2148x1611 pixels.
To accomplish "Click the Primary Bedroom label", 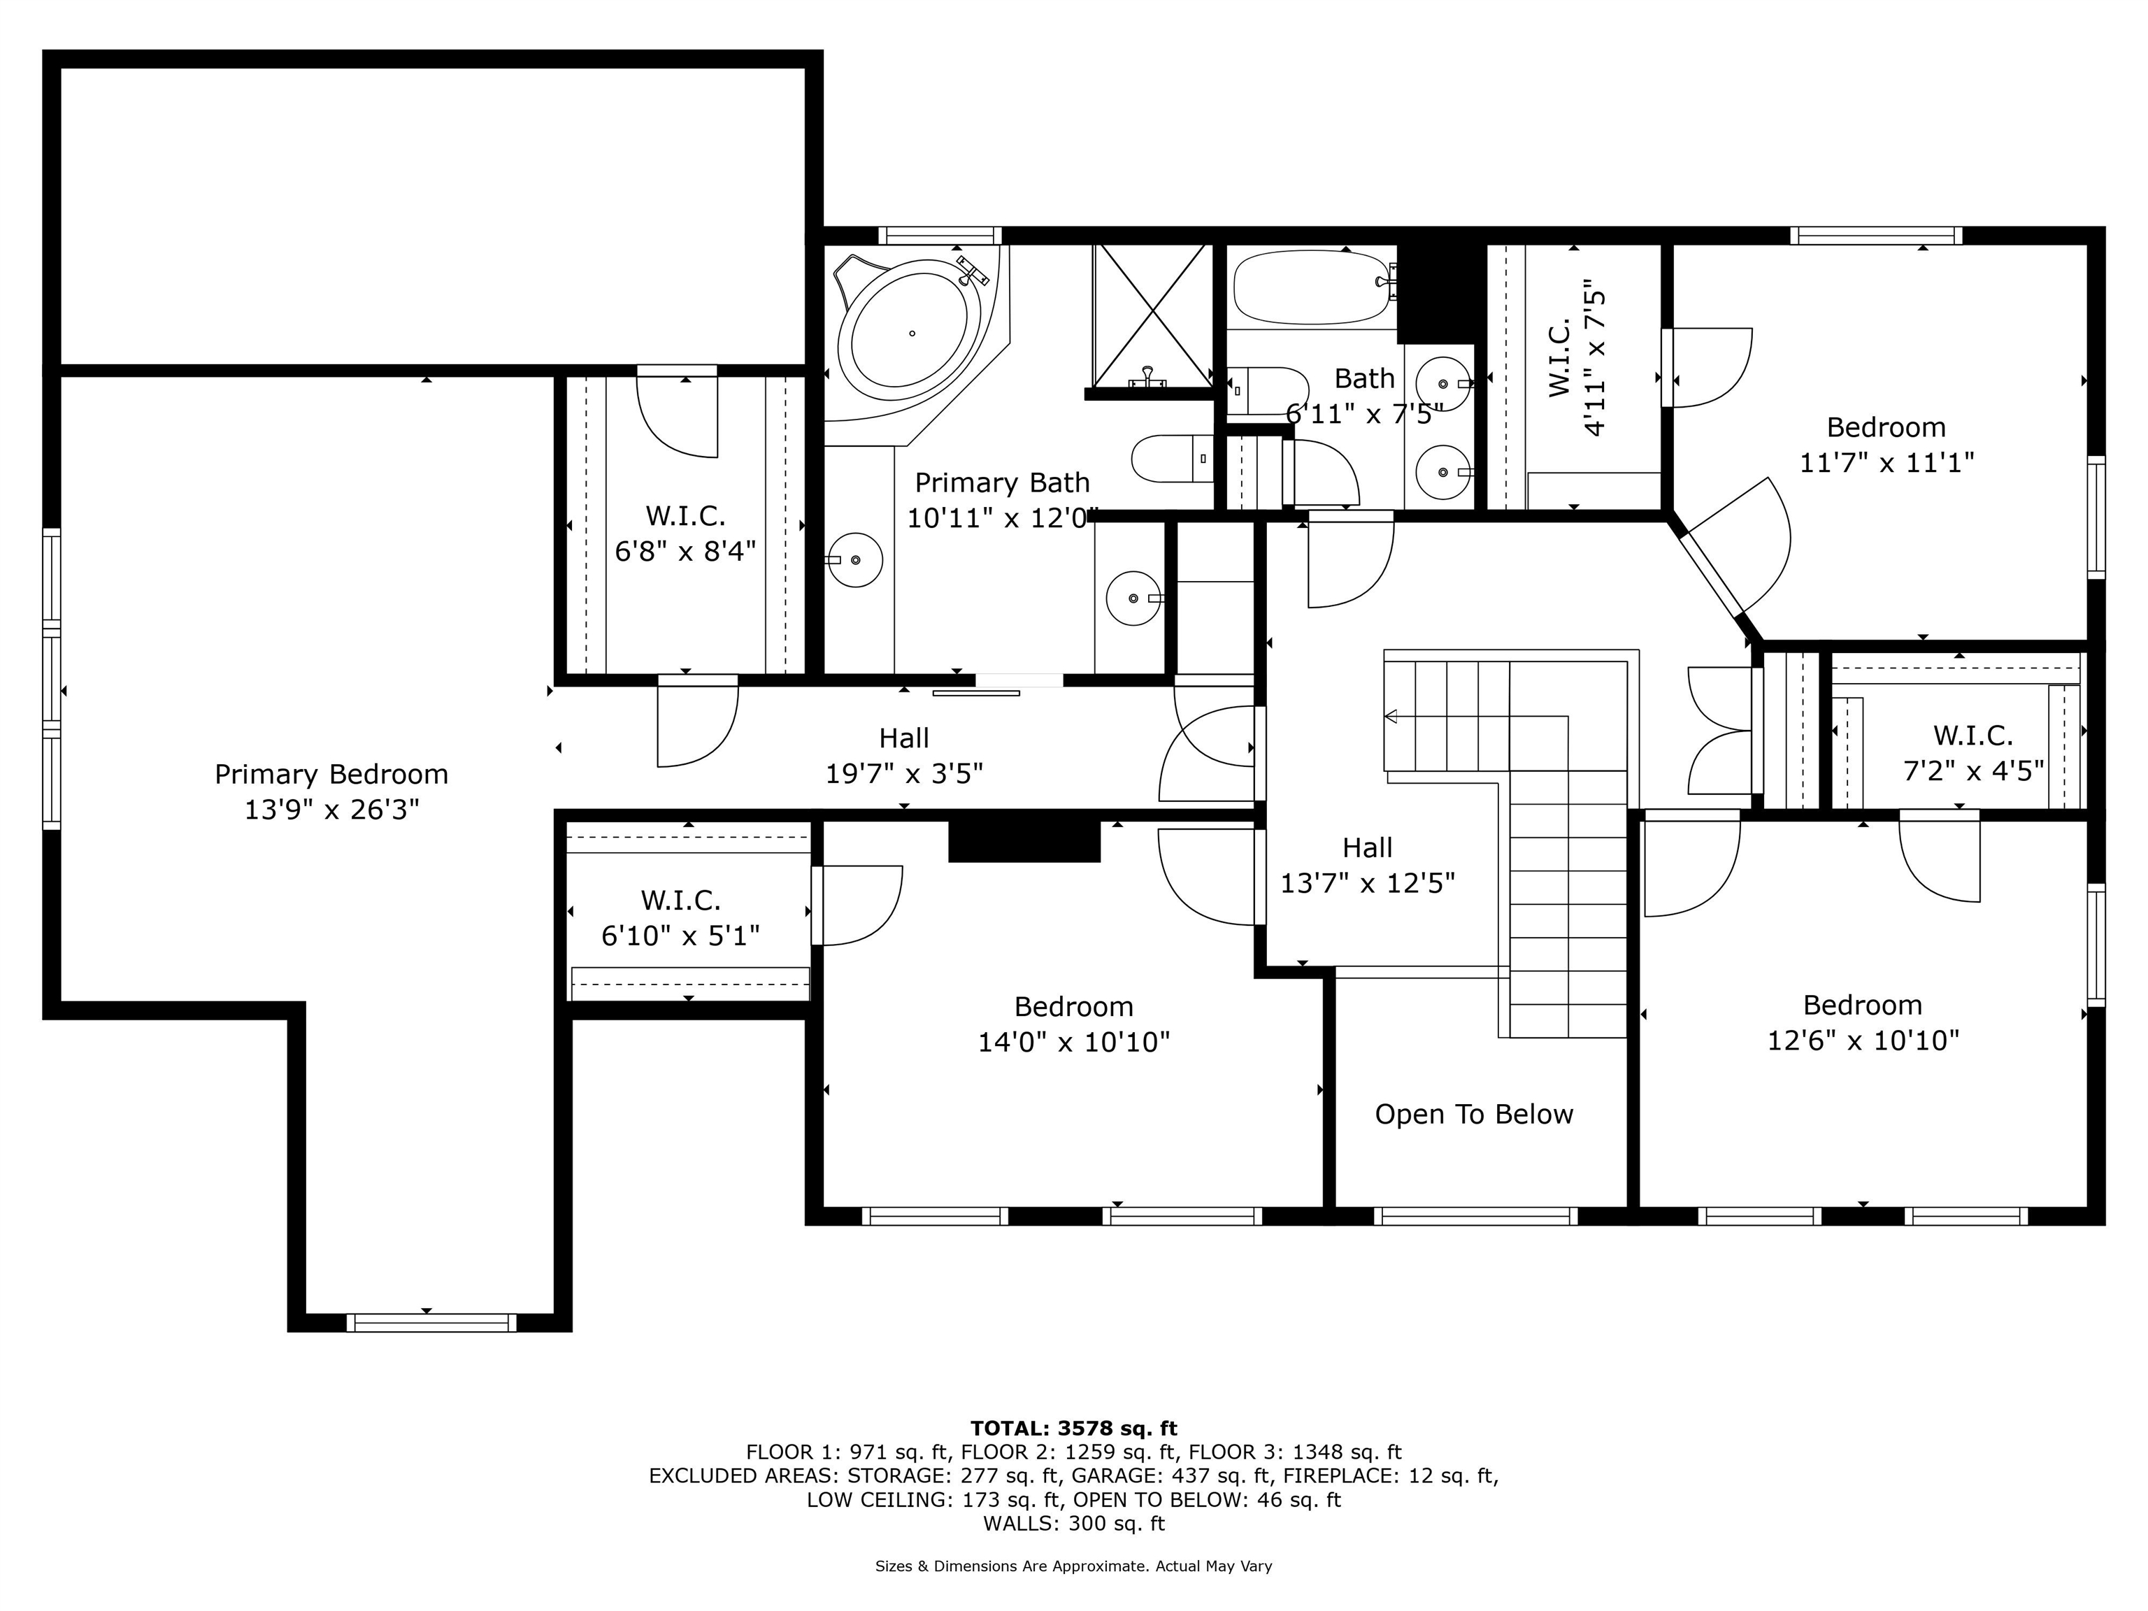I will (331, 774).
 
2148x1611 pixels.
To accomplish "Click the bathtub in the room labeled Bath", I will (1312, 287).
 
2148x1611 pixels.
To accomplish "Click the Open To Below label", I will (1473, 1114).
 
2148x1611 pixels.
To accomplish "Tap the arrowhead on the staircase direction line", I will (1391, 717).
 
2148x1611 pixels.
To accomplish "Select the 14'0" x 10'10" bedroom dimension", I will (1073, 1042).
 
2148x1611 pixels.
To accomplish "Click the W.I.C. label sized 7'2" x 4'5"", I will (1972, 735).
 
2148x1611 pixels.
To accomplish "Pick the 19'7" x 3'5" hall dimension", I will (904, 774).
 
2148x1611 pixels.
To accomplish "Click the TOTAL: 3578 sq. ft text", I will (1073, 1429).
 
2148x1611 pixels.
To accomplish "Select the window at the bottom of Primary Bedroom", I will (431, 1322).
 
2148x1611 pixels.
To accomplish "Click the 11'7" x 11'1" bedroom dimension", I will (1886, 462).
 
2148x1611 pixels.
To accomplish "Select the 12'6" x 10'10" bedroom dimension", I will (1863, 1040).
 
